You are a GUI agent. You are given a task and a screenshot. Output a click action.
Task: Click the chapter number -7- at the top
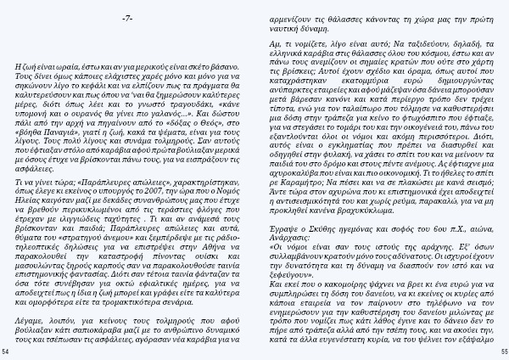point(126,18)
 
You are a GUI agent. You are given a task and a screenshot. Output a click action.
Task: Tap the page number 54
point(6,350)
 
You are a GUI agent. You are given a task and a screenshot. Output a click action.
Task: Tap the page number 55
point(502,350)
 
